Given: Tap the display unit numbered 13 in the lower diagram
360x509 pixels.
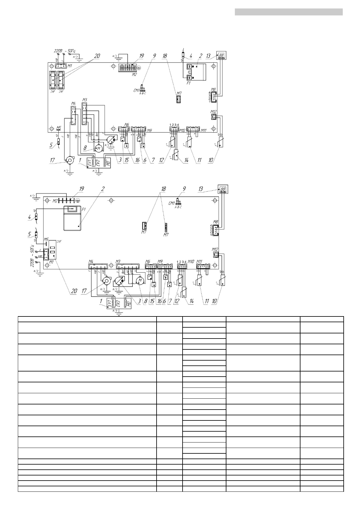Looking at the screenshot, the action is point(223,190).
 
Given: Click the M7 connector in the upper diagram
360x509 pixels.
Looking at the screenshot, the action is point(179,100).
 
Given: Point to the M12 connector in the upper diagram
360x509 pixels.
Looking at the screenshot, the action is point(214,116).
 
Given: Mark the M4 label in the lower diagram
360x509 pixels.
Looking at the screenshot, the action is point(91,261).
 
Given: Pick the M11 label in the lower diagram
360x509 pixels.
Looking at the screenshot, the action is point(199,261).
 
